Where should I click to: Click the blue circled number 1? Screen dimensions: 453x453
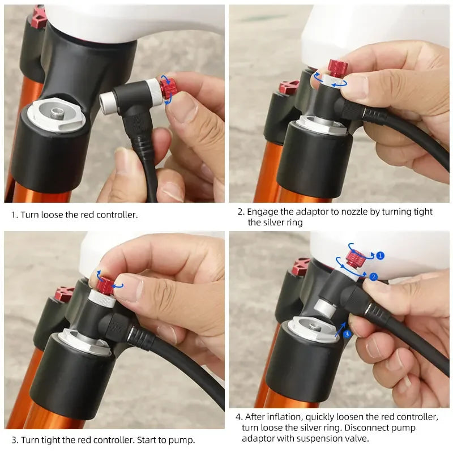[x=380, y=256]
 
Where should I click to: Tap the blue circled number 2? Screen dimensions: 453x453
[x=374, y=277]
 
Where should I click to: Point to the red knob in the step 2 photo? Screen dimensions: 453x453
[x=338, y=69]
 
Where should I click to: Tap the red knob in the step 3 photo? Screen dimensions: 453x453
[x=106, y=283]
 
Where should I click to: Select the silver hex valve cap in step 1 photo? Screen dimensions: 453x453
[x=57, y=114]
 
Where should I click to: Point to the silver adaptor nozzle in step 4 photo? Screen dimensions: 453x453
[x=323, y=308]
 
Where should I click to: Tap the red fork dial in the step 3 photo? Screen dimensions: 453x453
[x=64, y=294]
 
